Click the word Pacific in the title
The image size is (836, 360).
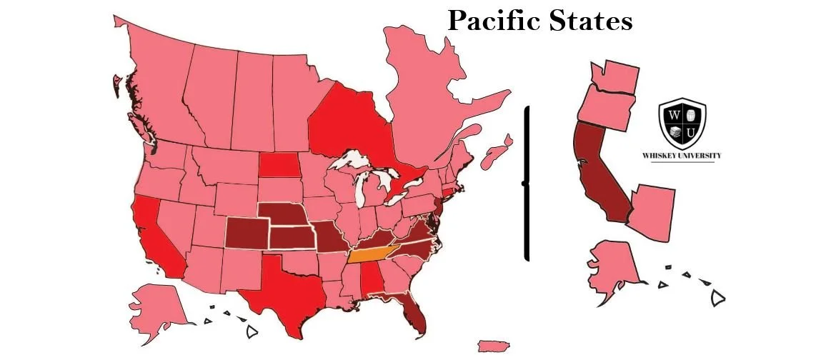[494, 21]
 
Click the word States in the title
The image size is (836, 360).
[590, 21]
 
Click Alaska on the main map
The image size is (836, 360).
[156, 304]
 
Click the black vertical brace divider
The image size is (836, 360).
[527, 183]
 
